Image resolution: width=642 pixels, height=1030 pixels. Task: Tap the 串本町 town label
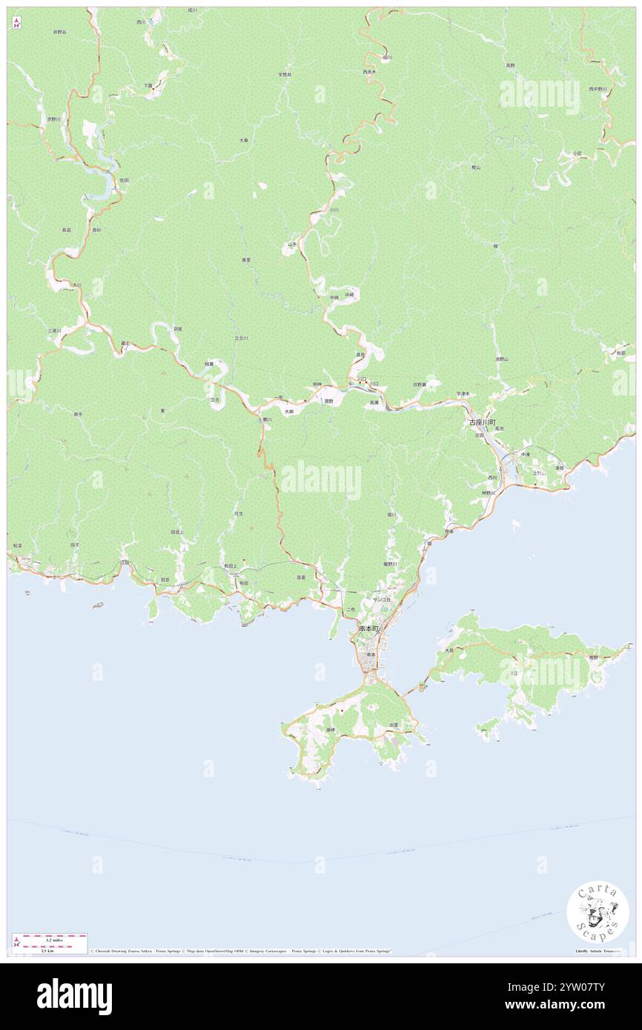click(368, 628)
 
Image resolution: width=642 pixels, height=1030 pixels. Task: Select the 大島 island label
click(449, 651)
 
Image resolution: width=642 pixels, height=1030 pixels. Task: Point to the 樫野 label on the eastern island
click(593, 657)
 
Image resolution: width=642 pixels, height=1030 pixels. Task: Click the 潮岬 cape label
click(331, 730)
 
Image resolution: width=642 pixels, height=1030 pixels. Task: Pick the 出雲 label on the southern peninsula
click(393, 725)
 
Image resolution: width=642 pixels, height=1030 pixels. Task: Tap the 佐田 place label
click(124, 180)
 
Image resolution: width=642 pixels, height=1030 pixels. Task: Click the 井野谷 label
click(59, 33)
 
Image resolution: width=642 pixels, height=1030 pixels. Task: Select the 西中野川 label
click(598, 89)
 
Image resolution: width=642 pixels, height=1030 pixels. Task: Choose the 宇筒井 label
click(285, 75)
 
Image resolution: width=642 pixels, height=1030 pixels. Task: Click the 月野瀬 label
click(420, 384)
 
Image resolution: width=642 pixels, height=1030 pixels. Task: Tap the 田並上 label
click(176, 532)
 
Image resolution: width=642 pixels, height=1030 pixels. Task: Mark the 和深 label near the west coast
click(17, 545)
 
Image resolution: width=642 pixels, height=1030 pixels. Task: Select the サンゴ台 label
click(382, 598)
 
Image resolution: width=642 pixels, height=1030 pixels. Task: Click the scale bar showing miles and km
click(49, 940)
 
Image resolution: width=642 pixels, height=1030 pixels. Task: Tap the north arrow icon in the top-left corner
click(16, 22)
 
